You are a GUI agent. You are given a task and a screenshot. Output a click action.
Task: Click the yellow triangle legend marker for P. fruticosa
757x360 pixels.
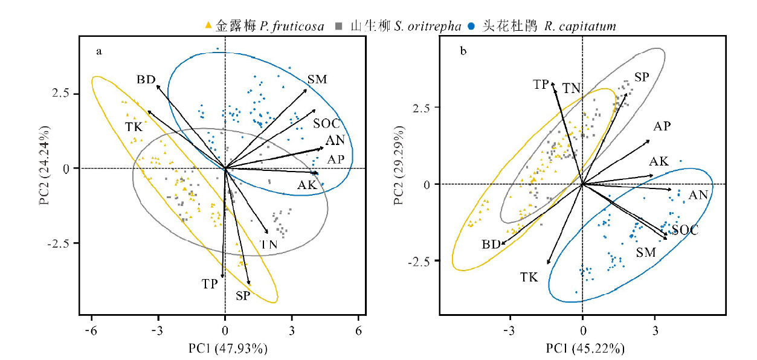(208, 25)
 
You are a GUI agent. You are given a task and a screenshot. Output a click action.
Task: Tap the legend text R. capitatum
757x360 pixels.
(579, 26)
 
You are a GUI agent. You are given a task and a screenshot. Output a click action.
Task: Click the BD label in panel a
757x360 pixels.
(146, 79)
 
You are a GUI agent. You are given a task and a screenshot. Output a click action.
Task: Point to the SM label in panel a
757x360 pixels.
(317, 79)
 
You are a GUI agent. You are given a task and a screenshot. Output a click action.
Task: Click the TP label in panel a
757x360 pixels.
(210, 283)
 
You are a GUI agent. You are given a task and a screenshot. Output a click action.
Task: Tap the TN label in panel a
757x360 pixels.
(268, 244)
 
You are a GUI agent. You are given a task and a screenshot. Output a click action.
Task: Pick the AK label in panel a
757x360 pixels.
(307, 185)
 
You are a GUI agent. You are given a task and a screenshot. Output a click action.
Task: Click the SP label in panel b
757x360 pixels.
(642, 77)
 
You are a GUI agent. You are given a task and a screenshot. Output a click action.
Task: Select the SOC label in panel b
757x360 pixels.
(685, 230)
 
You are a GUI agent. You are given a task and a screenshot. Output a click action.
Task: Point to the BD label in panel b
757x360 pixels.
(491, 244)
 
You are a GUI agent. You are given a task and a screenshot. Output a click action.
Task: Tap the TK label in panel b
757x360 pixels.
(529, 277)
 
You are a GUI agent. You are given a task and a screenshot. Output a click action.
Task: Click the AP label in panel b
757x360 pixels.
(662, 126)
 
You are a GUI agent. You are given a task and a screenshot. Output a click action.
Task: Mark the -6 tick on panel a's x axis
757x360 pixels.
(91, 331)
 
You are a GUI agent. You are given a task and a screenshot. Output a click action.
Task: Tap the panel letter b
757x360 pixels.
(463, 51)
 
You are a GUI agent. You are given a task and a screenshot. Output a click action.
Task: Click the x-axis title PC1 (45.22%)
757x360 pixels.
(582, 349)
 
